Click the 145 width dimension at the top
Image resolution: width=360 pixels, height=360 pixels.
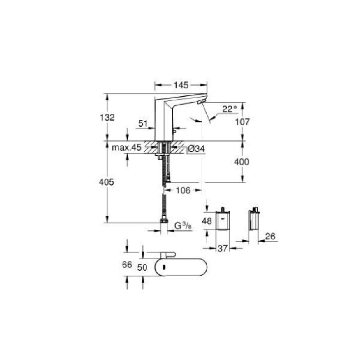[181, 85]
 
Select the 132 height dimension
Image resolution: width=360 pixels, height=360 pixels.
[107, 117]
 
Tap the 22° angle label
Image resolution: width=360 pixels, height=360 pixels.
[229, 109]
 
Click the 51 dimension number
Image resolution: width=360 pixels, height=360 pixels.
[143, 123]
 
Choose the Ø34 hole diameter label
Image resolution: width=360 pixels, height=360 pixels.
[196, 149]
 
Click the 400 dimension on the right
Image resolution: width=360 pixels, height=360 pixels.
[242, 162]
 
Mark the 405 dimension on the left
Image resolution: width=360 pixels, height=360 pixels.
[107, 181]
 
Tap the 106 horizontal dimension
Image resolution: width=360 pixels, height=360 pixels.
[183, 190]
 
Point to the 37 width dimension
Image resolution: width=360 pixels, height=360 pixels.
[223, 248]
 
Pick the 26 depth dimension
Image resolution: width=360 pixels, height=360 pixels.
[271, 236]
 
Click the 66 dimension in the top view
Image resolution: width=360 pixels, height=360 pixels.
[127, 265]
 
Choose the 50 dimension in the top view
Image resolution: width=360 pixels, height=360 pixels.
[142, 267]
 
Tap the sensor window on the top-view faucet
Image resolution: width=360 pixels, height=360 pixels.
[165, 267]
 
